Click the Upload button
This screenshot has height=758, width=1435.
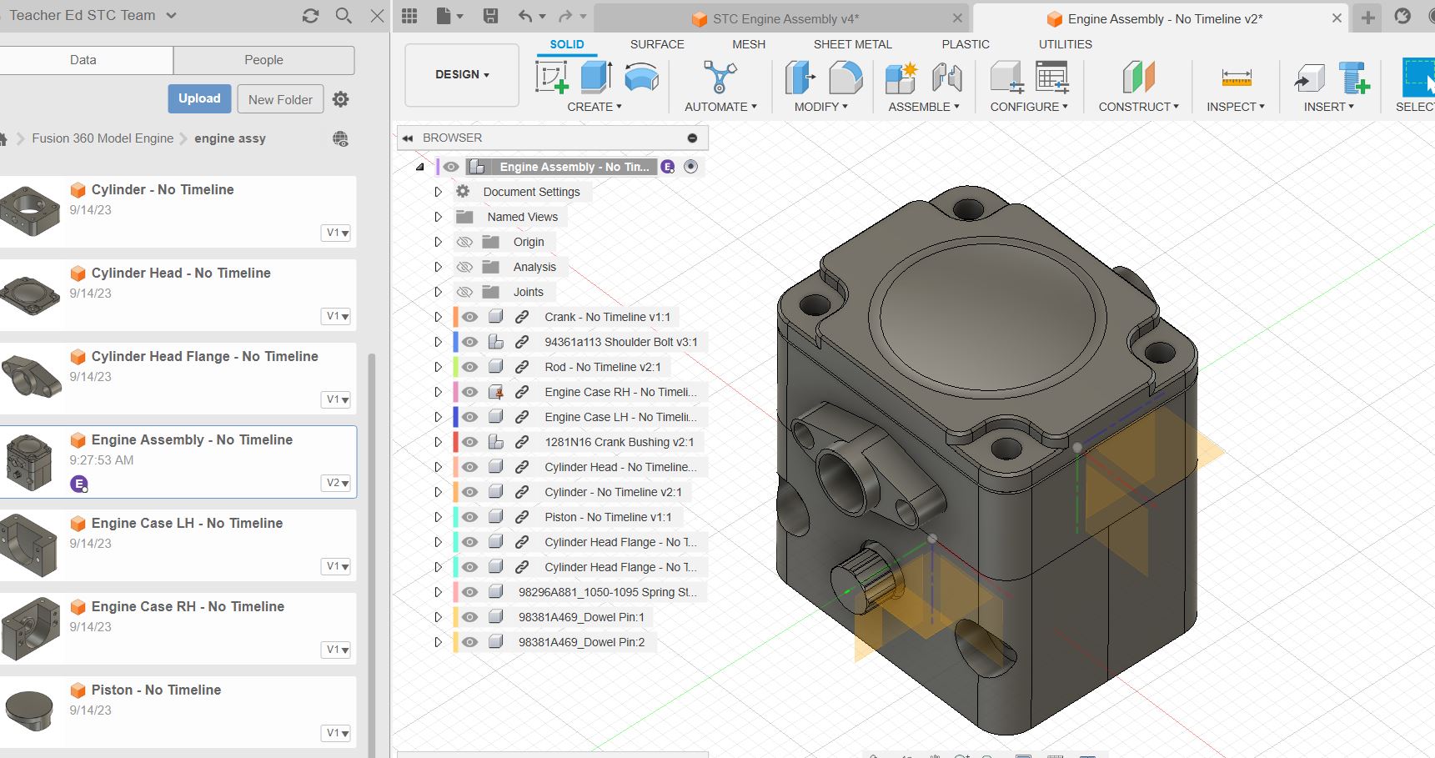pos(199,98)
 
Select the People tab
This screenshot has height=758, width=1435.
pos(263,60)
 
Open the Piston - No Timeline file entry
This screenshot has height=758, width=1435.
pos(156,690)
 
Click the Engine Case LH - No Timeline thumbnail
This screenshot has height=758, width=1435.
pos(30,545)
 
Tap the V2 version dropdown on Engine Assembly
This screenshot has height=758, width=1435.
pos(337,483)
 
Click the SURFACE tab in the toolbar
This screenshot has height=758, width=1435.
pos(656,44)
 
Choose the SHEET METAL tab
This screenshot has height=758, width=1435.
pos(852,44)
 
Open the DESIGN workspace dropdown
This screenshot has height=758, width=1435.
pos(462,74)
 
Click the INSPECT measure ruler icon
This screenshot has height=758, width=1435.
pos(1236,78)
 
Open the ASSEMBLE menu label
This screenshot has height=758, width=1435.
pos(923,107)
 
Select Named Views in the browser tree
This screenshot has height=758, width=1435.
pos(522,217)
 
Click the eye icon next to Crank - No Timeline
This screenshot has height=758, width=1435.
pos(470,317)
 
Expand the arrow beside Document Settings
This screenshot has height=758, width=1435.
pos(438,192)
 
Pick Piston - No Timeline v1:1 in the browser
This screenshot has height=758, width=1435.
pos(607,517)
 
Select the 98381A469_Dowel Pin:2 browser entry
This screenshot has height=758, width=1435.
pos(581,642)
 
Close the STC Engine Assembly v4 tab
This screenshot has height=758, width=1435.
pos(957,18)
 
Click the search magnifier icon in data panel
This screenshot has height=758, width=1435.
pos(344,15)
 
